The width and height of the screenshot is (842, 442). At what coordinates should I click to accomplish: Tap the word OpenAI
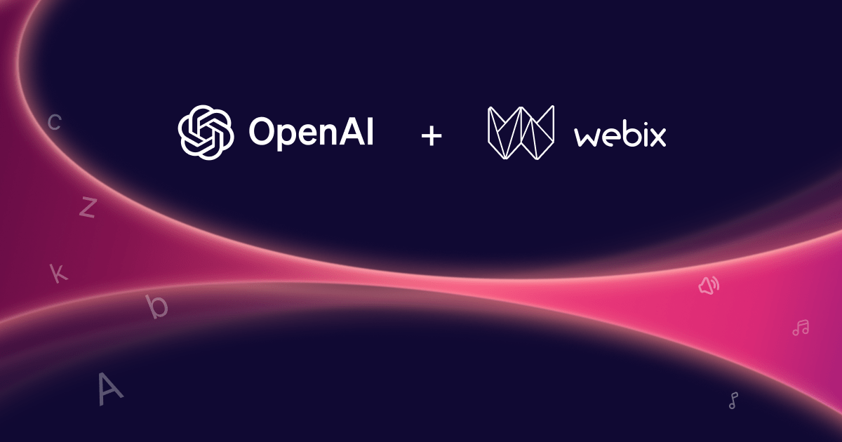point(311,132)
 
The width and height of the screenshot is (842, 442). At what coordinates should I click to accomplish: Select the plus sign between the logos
point(431,135)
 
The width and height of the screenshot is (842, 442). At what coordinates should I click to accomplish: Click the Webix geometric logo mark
point(521,133)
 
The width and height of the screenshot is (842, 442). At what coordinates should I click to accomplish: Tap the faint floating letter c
point(54,123)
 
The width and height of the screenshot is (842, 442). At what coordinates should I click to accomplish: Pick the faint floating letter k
point(59,274)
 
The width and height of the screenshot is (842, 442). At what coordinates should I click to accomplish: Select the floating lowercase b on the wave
point(156,306)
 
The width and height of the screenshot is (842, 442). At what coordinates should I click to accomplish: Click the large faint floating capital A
point(109,389)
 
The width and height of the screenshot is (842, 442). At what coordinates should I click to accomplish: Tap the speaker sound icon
point(709,285)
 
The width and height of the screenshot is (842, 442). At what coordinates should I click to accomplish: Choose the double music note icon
point(801,328)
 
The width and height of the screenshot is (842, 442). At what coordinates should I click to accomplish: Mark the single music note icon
point(733,401)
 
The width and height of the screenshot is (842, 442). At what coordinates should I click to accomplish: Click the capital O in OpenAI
point(262,131)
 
